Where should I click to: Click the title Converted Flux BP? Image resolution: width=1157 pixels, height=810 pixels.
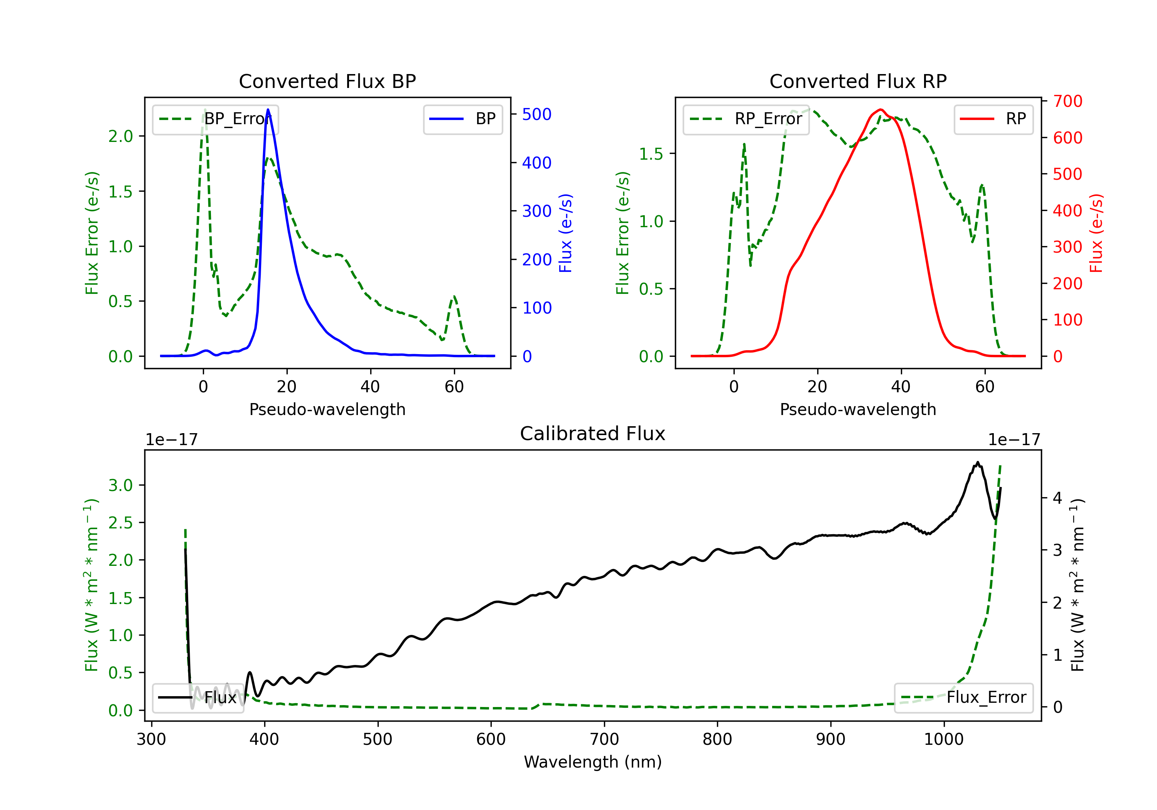click(327, 81)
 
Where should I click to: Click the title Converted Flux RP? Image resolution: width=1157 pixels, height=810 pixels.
click(858, 81)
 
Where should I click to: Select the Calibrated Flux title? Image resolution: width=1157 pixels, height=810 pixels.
click(593, 434)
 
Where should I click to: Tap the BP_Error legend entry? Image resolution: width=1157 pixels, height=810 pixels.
click(215, 119)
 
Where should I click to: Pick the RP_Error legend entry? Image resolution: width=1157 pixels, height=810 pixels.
click(746, 119)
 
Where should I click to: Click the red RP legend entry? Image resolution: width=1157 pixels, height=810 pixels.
click(993, 119)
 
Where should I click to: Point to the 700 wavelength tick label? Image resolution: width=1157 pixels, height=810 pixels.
click(604, 739)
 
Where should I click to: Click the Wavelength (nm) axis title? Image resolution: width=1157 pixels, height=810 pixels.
click(593, 762)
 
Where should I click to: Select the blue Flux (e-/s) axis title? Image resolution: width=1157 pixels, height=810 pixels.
click(565, 233)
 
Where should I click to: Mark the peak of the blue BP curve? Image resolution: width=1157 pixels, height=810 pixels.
click(268, 110)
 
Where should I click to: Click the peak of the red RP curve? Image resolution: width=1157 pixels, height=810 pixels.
click(880, 110)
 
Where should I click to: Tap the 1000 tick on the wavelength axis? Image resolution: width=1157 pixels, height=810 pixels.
click(944, 739)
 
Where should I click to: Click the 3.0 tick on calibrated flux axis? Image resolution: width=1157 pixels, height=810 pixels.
click(120, 485)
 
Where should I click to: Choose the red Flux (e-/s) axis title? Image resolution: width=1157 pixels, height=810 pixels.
click(1096, 233)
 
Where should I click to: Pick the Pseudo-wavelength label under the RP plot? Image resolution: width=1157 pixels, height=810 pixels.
click(858, 409)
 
